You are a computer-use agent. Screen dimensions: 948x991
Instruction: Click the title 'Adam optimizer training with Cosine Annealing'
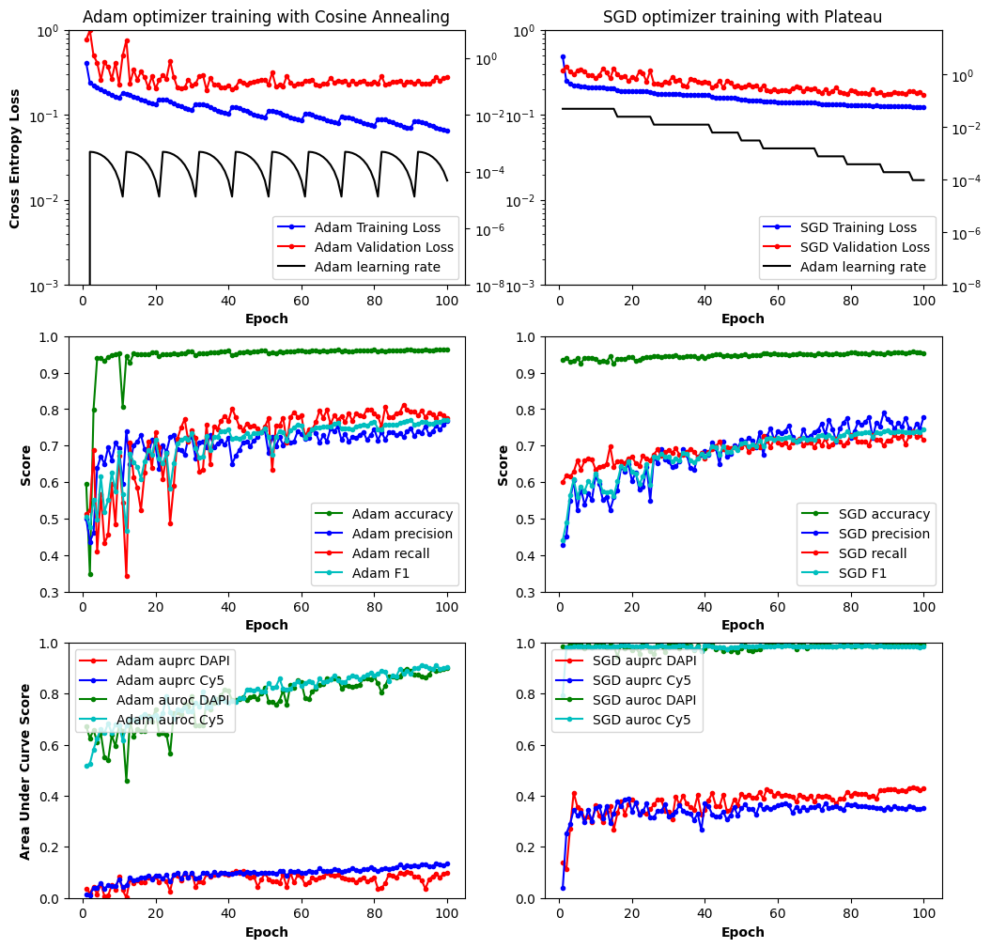[x=266, y=17]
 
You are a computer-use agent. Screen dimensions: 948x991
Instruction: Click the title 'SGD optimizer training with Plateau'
[x=742, y=17]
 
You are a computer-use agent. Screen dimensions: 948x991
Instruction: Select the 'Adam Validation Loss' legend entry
[x=383, y=247]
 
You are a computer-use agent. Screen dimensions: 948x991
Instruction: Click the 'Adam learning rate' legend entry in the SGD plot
[x=861, y=268]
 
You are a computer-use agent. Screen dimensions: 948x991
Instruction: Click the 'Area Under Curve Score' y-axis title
[x=24, y=770]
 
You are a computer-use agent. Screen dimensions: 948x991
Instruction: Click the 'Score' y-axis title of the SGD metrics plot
[x=503, y=465]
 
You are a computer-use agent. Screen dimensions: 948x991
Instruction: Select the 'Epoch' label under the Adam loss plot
[x=266, y=319]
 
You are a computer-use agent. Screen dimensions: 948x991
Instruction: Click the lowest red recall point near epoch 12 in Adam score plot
[x=127, y=576]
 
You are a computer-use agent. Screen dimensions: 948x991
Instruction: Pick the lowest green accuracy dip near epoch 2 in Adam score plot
[x=90, y=574]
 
